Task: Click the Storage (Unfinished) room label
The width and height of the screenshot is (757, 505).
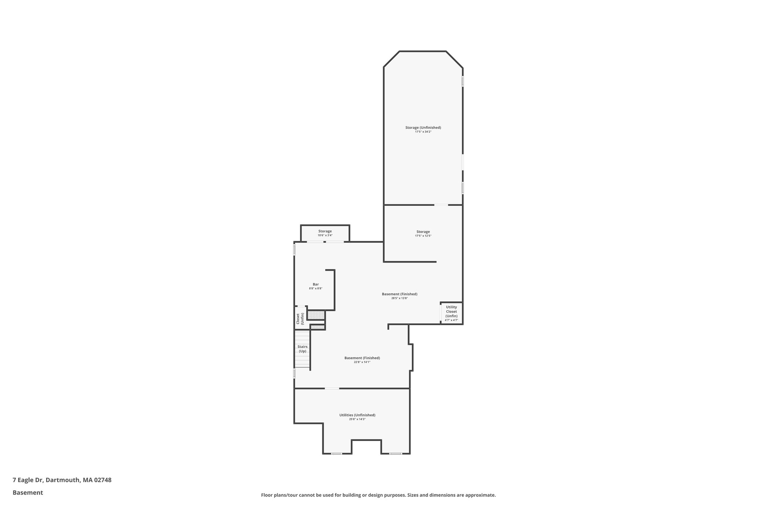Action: (423, 128)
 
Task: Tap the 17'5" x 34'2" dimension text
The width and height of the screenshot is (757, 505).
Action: (423, 132)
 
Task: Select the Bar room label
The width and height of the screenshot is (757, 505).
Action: (316, 284)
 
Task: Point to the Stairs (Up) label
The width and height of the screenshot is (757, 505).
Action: (302, 349)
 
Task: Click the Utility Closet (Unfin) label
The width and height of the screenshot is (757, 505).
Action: (451, 312)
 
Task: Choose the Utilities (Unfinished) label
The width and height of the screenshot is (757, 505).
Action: (357, 415)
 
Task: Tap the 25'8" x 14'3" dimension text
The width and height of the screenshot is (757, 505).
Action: (357, 419)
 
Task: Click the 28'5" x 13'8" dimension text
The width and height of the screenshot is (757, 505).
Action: (399, 298)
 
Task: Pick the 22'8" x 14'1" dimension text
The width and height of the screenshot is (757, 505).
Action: (362, 362)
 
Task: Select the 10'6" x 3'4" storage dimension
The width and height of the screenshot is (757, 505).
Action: (325, 235)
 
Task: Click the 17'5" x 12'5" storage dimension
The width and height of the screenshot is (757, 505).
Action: (423, 236)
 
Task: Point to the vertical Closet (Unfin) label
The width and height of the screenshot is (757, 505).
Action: (300, 319)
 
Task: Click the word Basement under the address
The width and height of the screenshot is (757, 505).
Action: (28, 492)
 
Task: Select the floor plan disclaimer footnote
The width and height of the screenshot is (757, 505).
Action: (378, 495)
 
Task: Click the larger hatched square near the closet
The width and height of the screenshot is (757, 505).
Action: (316, 315)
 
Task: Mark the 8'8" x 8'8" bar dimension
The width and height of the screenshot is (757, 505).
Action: (316, 288)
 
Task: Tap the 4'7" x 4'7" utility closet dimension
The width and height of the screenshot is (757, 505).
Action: (451, 320)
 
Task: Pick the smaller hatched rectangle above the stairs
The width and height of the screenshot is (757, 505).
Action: (318, 327)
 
